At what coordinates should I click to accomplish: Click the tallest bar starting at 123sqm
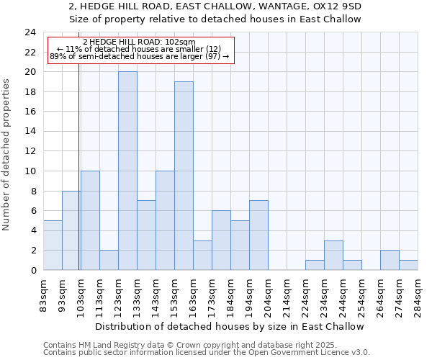127,171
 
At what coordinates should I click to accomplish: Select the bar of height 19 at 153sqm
184,176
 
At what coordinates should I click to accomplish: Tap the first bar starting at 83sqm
53,245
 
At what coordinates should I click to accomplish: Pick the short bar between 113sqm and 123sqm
109,260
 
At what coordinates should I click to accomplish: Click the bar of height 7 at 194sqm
258,235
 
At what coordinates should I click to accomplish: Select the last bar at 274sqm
408,265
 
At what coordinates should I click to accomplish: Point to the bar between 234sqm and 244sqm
333,255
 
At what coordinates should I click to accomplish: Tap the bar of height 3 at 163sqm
202,255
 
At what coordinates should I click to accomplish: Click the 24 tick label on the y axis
30,32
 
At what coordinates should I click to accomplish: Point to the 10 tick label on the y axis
30,171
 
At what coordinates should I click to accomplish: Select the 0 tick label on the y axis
32,270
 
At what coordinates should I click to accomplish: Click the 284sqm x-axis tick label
418,297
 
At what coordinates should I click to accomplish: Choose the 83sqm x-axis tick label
44,297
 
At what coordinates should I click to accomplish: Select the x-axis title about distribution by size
230,326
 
